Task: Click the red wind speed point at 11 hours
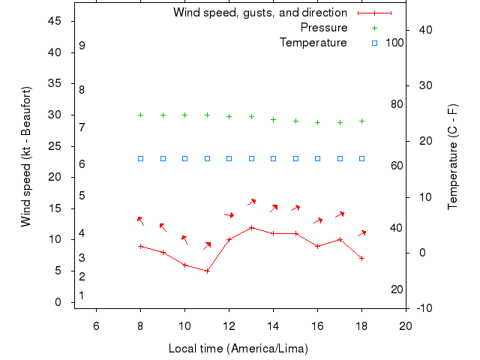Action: [207, 271]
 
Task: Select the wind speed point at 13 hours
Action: [251, 227]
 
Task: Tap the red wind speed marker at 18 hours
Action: [361, 258]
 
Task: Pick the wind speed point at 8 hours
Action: [140, 246]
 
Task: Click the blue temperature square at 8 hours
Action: [140, 158]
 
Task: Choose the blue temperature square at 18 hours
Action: [361, 158]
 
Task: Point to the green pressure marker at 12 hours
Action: [229, 116]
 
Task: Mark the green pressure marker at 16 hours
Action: [317, 122]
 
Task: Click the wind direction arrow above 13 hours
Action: [252, 201]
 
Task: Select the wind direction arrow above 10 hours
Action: [184, 239]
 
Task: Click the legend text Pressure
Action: [324, 28]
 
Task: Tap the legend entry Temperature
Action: [313, 43]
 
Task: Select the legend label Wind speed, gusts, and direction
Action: [260, 13]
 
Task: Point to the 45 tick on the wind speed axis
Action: [55, 21]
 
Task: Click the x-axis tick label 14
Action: [273, 325]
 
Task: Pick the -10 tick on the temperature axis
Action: [423, 308]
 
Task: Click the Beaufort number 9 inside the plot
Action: [82, 46]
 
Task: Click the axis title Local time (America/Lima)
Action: [238, 349]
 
